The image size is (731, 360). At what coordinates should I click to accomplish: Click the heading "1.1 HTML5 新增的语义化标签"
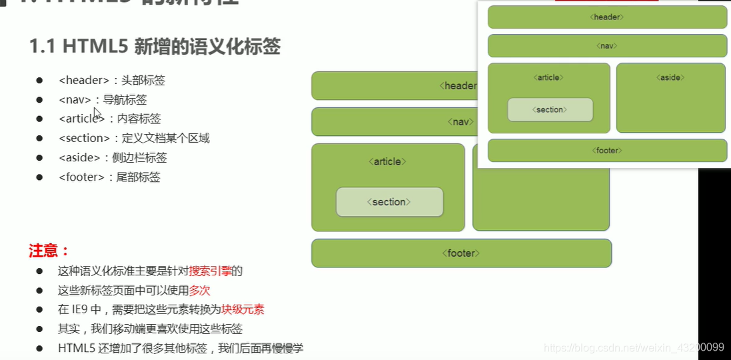(155, 47)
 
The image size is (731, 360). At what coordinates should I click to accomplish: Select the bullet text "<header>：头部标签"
(111, 81)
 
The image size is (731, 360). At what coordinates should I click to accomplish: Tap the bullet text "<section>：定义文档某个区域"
(134, 139)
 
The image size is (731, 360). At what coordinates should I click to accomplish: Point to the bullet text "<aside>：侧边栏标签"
(113, 158)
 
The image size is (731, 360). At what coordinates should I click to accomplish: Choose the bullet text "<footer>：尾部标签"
(109, 177)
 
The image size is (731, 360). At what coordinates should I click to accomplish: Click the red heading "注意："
(49, 251)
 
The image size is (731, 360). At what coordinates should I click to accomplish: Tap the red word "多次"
(199, 291)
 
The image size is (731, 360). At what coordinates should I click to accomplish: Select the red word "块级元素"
(243, 310)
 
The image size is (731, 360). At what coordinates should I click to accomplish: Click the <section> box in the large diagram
(389, 202)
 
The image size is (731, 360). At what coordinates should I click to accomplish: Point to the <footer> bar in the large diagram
(461, 253)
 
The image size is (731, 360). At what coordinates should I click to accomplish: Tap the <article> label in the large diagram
(387, 161)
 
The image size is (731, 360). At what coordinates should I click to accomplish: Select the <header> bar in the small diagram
(607, 17)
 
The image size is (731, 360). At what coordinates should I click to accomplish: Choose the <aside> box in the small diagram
(670, 98)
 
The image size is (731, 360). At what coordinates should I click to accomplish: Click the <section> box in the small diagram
(550, 109)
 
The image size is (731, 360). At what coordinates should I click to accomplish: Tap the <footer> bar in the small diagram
(607, 151)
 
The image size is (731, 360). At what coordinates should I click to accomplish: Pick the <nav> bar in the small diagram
(607, 46)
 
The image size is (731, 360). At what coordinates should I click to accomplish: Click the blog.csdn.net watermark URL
(634, 347)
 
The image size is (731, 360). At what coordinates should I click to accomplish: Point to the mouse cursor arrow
(97, 113)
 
